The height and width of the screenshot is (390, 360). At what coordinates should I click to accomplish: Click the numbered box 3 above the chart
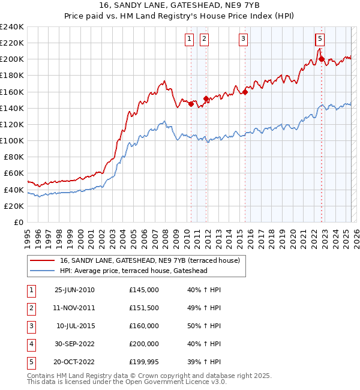(x=244, y=40)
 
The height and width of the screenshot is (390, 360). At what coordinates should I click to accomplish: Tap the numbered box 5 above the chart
(x=320, y=40)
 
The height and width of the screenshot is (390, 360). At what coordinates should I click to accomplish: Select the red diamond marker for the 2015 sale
(x=245, y=92)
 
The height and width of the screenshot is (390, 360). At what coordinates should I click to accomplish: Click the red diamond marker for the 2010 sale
(x=191, y=104)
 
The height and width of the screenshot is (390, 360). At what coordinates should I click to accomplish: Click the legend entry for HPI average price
(x=133, y=271)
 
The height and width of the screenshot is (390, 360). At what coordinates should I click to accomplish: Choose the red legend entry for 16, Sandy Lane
(x=149, y=260)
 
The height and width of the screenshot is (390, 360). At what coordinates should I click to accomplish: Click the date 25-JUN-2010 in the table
(x=74, y=290)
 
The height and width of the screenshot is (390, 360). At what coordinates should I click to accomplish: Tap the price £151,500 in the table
(x=143, y=308)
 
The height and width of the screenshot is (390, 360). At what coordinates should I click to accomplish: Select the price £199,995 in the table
(x=143, y=362)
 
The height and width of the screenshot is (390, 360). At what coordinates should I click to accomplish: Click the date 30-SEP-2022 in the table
(x=74, y=344)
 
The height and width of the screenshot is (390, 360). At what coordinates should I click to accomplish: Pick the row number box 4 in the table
(x=31, y=344)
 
